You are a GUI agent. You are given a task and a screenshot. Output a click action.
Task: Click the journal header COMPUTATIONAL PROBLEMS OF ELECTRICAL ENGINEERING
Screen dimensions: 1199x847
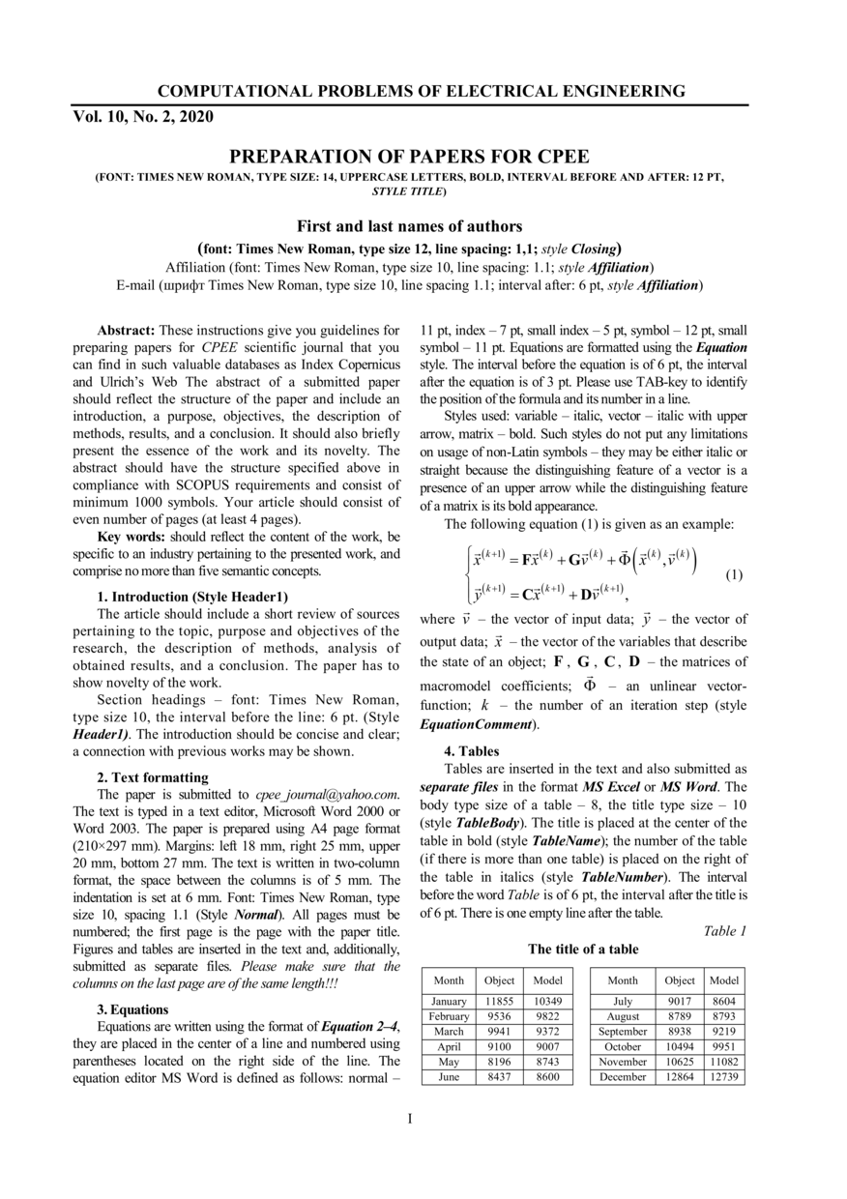click(x=422, y=92)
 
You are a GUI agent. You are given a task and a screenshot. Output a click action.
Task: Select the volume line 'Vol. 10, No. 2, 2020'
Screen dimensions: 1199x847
click(x=143, y=117)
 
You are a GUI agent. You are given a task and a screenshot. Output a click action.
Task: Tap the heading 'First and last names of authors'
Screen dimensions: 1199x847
click(x=409, y=226)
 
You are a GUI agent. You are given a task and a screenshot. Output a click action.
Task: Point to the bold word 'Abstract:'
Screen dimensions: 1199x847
click(x=128, y=331)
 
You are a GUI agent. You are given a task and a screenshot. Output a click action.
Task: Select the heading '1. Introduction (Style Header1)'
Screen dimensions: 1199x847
click(x=192, y=597)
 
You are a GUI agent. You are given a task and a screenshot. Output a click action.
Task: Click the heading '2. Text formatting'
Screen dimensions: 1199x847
click(x=153, y=776)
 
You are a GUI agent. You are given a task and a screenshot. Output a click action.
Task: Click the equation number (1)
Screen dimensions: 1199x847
click(x=734, y=575)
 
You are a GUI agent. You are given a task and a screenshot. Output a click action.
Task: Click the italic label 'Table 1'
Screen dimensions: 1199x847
click(x=725, y=931)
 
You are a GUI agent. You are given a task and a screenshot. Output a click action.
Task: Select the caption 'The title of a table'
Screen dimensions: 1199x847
click(x=583, y=950)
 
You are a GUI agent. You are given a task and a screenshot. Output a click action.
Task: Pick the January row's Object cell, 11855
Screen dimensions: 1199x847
click(x=499, y=1002)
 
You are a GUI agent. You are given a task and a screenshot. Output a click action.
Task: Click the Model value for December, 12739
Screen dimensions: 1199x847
click(x=724, y=1077)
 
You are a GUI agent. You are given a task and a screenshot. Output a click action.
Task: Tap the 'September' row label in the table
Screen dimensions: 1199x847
click(x=623, y=1032)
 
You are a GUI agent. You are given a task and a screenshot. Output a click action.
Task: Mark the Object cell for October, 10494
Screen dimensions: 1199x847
click(x=680, y=1047)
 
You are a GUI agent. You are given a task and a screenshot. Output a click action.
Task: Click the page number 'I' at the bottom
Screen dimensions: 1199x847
click(x=410, y=1119)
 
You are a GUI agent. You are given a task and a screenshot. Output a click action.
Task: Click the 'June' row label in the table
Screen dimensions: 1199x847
click(x=449, y=1077)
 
